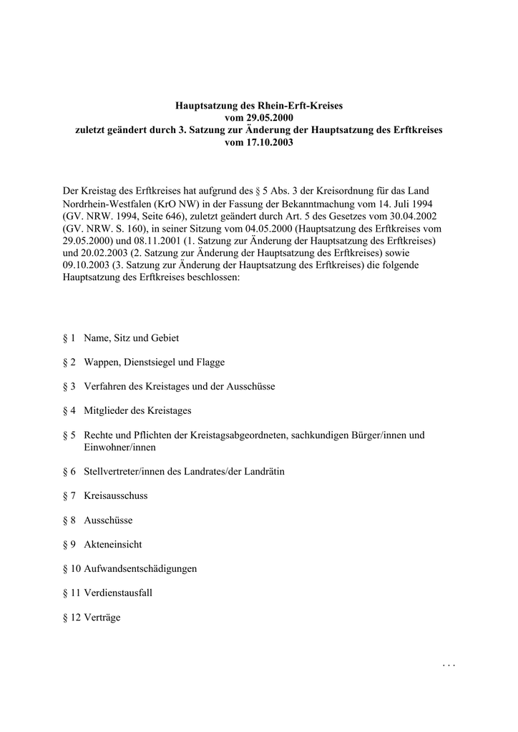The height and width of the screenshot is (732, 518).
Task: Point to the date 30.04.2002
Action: [x=414, y=215]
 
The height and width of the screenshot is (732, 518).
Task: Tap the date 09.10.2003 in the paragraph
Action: [x=87, y=264]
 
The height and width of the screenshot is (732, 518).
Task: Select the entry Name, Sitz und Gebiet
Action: [x=131, y=337]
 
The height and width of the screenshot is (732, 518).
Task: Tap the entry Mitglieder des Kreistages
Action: [x=137, y=410]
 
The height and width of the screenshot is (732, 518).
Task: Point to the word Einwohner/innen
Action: [x=119, y=447]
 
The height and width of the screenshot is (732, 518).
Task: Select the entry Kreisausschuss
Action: [x=115, y=495]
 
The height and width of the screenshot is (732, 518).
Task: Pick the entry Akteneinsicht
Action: [x=112, y=544]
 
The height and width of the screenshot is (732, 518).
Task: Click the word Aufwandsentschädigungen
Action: [x=140, y=568]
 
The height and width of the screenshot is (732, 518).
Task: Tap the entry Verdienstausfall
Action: [x=118, y=593]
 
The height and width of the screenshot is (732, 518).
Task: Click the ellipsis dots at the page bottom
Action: [x=449, y=666]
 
